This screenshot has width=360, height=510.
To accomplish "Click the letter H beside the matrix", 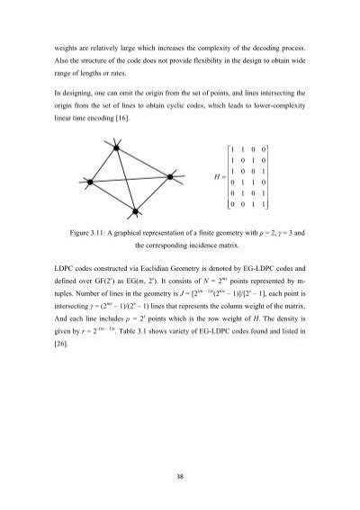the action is (211, 177).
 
